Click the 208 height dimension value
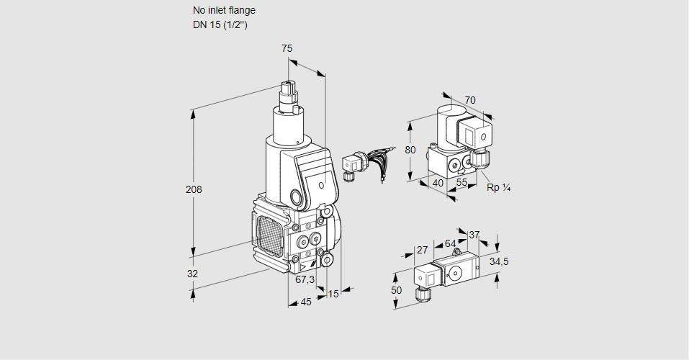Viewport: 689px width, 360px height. (194, 190)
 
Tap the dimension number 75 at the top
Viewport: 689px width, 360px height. (287, 48)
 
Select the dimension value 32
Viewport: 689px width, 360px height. (192, 274)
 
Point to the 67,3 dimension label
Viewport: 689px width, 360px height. (305, 279)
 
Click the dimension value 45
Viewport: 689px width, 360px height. (306, 302)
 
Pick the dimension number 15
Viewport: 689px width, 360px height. (333, 294)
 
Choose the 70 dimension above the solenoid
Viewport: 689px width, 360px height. (470, 100)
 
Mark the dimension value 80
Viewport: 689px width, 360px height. (410, 150)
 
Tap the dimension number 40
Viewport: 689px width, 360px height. (437, 183)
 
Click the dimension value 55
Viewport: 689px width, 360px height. (462, 183)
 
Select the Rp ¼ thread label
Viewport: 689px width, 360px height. (498, 188)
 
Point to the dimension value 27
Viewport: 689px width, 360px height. (423, 250)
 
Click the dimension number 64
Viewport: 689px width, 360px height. (450, 243)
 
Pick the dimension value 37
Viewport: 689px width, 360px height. (474, 235)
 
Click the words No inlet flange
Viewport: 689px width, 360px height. (224, 11)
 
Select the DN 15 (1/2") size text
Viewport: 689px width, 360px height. (220, 25)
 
